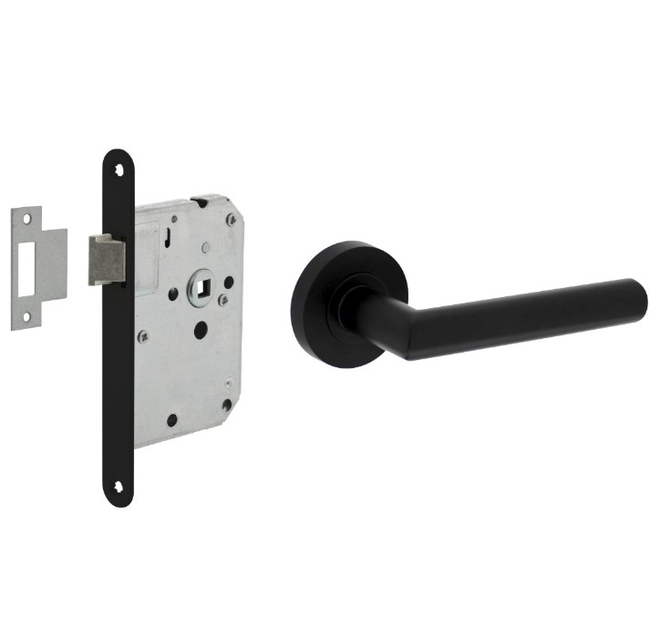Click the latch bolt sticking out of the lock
click(105, 259)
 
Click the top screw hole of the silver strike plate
click(26, 219)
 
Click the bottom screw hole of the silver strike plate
click(26, 316)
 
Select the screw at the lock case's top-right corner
click(232, 220)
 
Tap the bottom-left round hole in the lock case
click(170, 420)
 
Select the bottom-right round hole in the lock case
click(226, 405)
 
